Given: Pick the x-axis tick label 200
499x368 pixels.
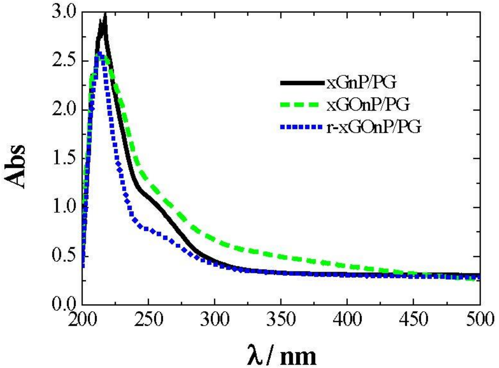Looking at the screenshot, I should coord(82,319).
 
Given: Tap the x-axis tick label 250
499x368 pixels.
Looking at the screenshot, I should coord(148,319).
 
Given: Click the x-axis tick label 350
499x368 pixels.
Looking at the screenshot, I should coord(281,319).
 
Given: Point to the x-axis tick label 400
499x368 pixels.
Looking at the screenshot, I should coord(347,319).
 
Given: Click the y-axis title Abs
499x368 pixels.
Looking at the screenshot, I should coord(15,167).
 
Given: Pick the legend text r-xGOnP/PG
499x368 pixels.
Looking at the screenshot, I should coord(373,127).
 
